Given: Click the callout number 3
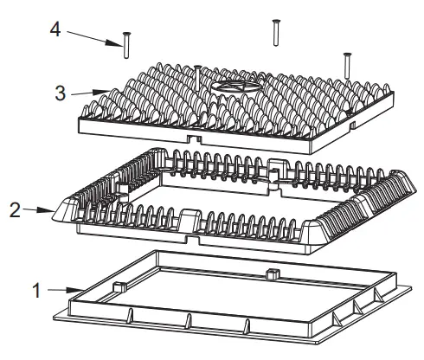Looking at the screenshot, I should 59,92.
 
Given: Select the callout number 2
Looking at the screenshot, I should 15,209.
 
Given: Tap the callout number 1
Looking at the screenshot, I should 35,289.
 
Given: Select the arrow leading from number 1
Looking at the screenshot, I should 65,288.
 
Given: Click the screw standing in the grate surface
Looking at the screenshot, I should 198,79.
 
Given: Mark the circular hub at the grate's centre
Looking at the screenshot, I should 238,88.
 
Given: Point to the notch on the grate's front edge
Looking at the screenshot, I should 196,137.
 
